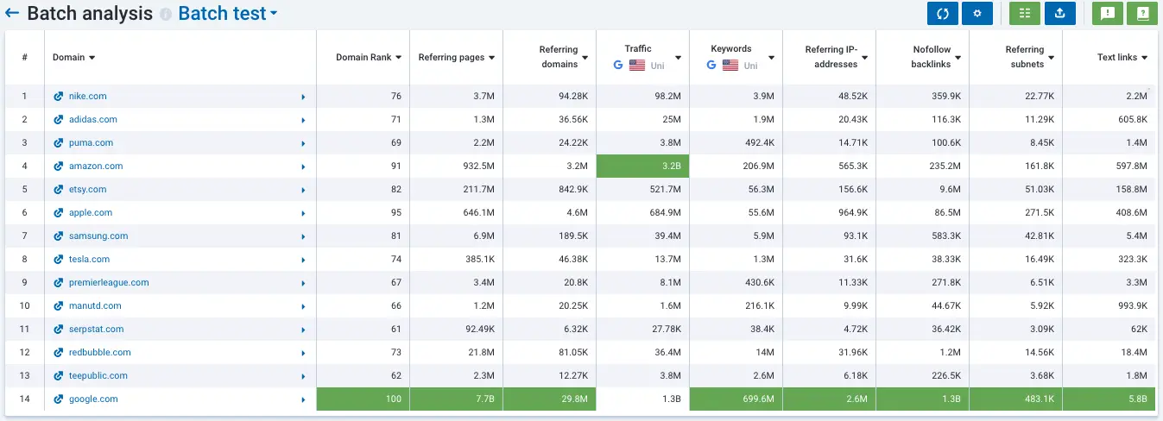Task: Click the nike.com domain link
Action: (x=88, y=97)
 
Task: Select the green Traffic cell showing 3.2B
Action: (x=642, y=167)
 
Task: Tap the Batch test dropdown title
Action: (x=228, y=14)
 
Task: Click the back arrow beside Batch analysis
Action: (x=12, y=14)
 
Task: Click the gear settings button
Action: (x=977, y=14)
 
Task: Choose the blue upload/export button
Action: (x=1059, y=14)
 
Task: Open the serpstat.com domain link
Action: (x=96, y=330)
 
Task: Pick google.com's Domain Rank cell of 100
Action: (x=363, y=399)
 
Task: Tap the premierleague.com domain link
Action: (x=109, y=283)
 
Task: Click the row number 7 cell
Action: (x=24, y=236)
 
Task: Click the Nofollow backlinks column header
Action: (x=932, y=57)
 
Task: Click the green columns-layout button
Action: (x=1025, y=14)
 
